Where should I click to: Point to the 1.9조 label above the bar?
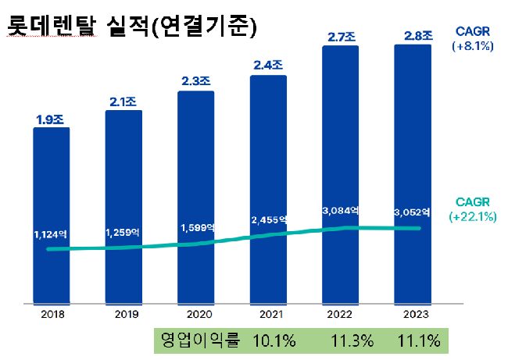tap(51, 119)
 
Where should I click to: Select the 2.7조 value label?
tap(340, 37)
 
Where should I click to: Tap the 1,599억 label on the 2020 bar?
tap(196, 227)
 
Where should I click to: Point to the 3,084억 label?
tap(340, 210)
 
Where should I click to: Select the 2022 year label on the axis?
tap(341, 314)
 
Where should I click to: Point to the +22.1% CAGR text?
tap(474, 217)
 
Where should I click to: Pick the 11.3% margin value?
tap(348, 341)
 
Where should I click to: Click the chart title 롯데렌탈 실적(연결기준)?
tap(132, 27)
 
